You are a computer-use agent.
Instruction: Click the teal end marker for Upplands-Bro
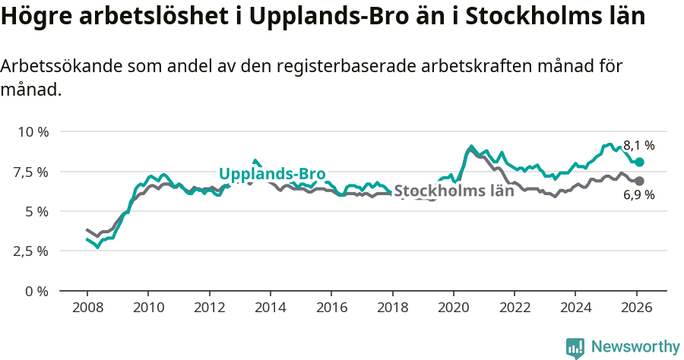(639, 162)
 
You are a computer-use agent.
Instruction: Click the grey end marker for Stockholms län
(639, 181)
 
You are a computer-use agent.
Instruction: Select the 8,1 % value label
(638, 145)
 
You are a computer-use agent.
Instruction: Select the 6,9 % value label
(638, 195)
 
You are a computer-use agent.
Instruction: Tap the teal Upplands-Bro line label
(272, 174)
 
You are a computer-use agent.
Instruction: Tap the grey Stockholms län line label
(454, 191)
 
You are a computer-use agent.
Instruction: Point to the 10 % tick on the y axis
(33, 131)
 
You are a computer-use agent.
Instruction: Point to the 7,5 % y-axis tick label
(30, 172)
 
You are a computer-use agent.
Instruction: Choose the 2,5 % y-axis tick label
(30, 251)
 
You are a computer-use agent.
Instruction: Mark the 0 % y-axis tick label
(36, 291)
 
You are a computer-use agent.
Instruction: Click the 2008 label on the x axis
(87, 308)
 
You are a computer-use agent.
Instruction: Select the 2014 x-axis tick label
(270, 308)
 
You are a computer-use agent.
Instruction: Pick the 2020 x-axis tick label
(453, 308)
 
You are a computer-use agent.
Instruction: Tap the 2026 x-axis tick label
(636, 308)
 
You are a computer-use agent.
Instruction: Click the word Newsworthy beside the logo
(635, 347)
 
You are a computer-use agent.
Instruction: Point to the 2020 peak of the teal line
(471, 146)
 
